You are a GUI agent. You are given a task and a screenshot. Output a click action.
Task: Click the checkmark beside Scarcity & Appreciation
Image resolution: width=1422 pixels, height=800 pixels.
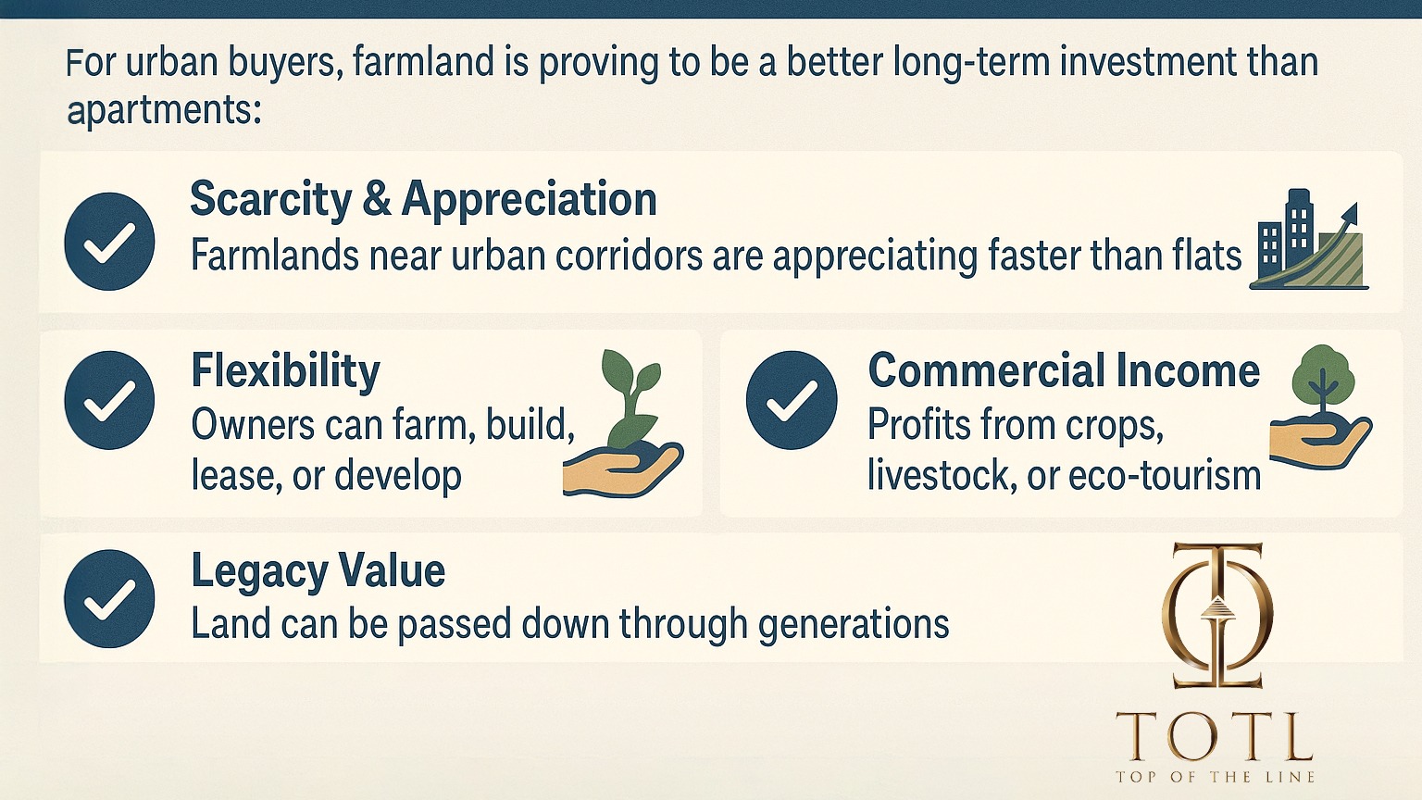click(x=109, y=242)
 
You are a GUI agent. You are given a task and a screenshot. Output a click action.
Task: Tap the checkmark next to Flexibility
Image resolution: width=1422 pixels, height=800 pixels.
click(x=109, y=400)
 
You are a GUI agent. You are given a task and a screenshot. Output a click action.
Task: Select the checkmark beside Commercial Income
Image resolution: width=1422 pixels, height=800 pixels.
click(x=791, y=400)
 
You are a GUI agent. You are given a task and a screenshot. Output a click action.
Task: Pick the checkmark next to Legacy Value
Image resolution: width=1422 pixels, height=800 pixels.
click(x=109, y=599)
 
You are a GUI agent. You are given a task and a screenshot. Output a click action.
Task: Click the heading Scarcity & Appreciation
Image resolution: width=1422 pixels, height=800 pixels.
click(x=423, y=200)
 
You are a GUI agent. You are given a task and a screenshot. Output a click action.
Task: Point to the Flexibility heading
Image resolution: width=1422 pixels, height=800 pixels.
click(x=286, y=371)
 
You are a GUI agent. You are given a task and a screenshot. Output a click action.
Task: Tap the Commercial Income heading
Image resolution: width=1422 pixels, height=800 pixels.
click(x=1064, y=370)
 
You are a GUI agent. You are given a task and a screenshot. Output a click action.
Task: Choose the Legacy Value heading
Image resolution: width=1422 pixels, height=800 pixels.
click(x=318, y=570)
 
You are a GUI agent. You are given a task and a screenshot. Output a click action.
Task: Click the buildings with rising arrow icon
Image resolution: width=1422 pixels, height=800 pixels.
click(x=1309, y=240)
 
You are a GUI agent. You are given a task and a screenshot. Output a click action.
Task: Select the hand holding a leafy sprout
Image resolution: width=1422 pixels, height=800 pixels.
click(x=623, y=423)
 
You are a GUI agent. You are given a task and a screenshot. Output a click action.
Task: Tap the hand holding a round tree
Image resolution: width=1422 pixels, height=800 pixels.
click(x=1321, y=407)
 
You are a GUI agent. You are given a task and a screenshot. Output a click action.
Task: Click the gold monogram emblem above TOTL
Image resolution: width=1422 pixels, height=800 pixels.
click(x=1217, y=616)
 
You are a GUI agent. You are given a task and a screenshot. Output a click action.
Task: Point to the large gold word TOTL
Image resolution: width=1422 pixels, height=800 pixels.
click(x=1214, y=736)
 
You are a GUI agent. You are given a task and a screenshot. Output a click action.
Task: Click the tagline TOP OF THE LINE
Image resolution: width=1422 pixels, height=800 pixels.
click(x=1215, y=777)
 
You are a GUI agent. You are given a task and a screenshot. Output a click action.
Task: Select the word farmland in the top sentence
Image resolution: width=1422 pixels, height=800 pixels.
click(x=423, y=62)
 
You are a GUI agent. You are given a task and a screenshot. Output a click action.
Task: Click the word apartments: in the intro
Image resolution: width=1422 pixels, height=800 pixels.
click(x=164, y=110)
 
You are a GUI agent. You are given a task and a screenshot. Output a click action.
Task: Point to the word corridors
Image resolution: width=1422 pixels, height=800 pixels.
click(x=629, y=256)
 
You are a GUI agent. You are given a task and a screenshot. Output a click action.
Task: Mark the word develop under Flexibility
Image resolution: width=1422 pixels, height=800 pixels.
click(x=397, y=477)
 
